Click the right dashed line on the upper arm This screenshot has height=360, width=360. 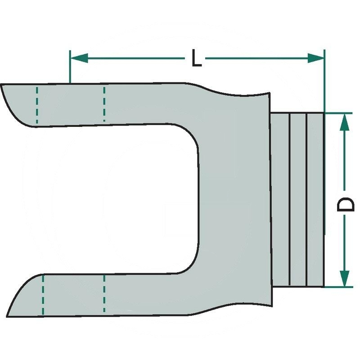click(104, 103)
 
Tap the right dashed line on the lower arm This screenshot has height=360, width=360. click(104, 294)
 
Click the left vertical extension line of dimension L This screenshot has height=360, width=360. click(70, 67)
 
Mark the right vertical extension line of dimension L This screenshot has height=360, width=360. click(324, 81)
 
